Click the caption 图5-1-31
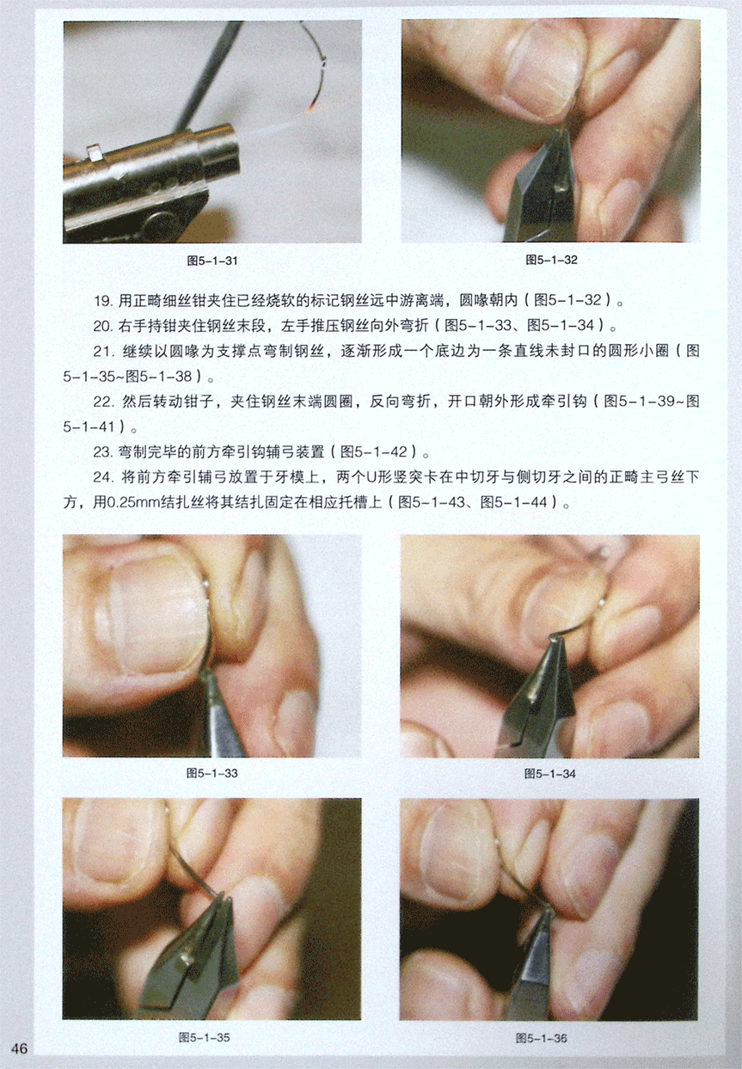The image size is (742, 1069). pyautogui.click(x=212, y=261)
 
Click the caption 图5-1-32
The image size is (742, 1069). pyautogui.click(x=551, y=260)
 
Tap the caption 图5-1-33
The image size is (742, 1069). pyautogui.click(x=212, y=772)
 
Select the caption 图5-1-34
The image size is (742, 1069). pyautogui.click(x=549, y=773)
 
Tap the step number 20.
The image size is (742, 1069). pyautogui.click(x=102, y=327)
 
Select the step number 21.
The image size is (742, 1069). pyautogui.click(x=102, y=352)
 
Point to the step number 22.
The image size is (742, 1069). pyautogui.click(x=102, y=402)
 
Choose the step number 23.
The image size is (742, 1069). pyautogui.click(x=102, y=452)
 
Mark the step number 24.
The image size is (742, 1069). pyautogui.click(x=102, y=477)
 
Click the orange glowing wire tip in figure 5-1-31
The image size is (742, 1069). pyautogui.click(x=310, y=109)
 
